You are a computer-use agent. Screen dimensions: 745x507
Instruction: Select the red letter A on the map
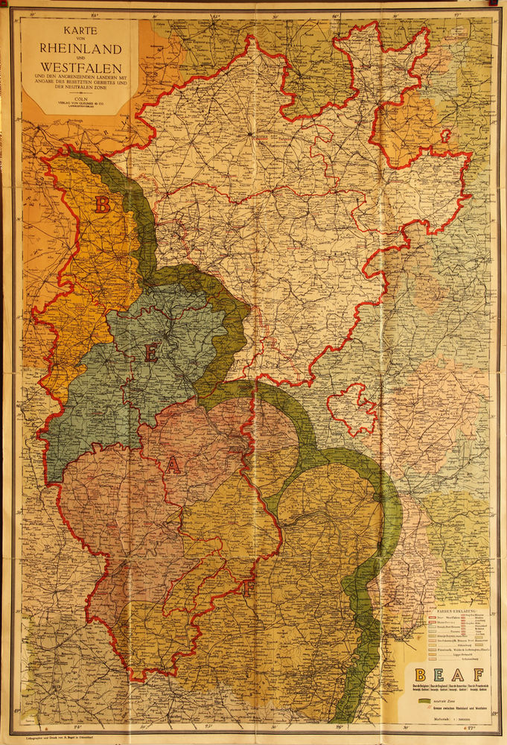click(173, 466)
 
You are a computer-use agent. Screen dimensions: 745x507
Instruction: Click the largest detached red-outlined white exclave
click(352, 408)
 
